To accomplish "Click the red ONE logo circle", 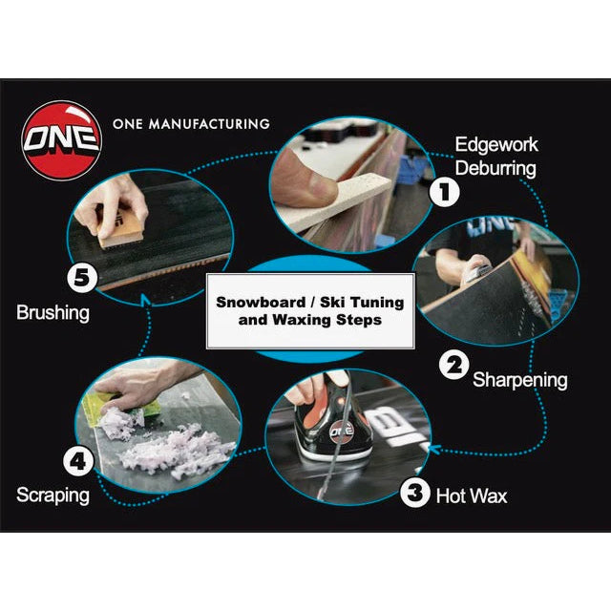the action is [x=61, y=140].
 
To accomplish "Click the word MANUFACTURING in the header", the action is [x=210, y=124].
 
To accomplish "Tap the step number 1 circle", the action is [x=444, y=192].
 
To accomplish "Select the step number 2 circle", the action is [x=454, y=366].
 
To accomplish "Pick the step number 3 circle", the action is [x=415, y=493].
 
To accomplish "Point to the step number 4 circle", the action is [x=78, y=461].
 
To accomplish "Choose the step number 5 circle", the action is [x=82, y=278].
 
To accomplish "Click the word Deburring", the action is [x=495, y=169].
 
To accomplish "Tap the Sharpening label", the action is [x=519, y=380].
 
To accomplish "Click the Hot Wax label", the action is [x=472, y=496].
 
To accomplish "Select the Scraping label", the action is [x=53, y=495].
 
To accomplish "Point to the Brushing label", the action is [x=53, y=312].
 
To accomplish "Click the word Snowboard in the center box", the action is [x=261, y=303].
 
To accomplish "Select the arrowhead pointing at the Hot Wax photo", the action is [x=434, y=449].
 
